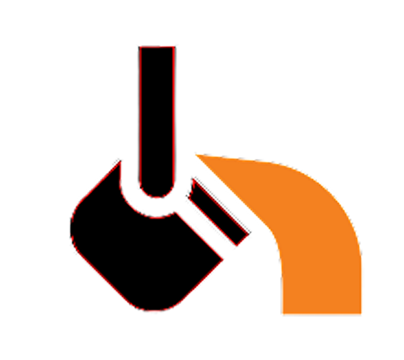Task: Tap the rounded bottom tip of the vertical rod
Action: tap(157, 198)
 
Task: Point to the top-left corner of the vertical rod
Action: tap(139, 46)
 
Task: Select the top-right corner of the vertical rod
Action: tap(176, 46)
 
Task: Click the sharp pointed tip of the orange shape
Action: tap(196, 155)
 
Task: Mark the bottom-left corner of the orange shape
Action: tap(282, 315)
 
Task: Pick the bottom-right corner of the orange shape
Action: tap(362, 315)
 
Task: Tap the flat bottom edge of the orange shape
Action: tap(321, 315)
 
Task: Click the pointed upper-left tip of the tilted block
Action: tap(120, 160)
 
